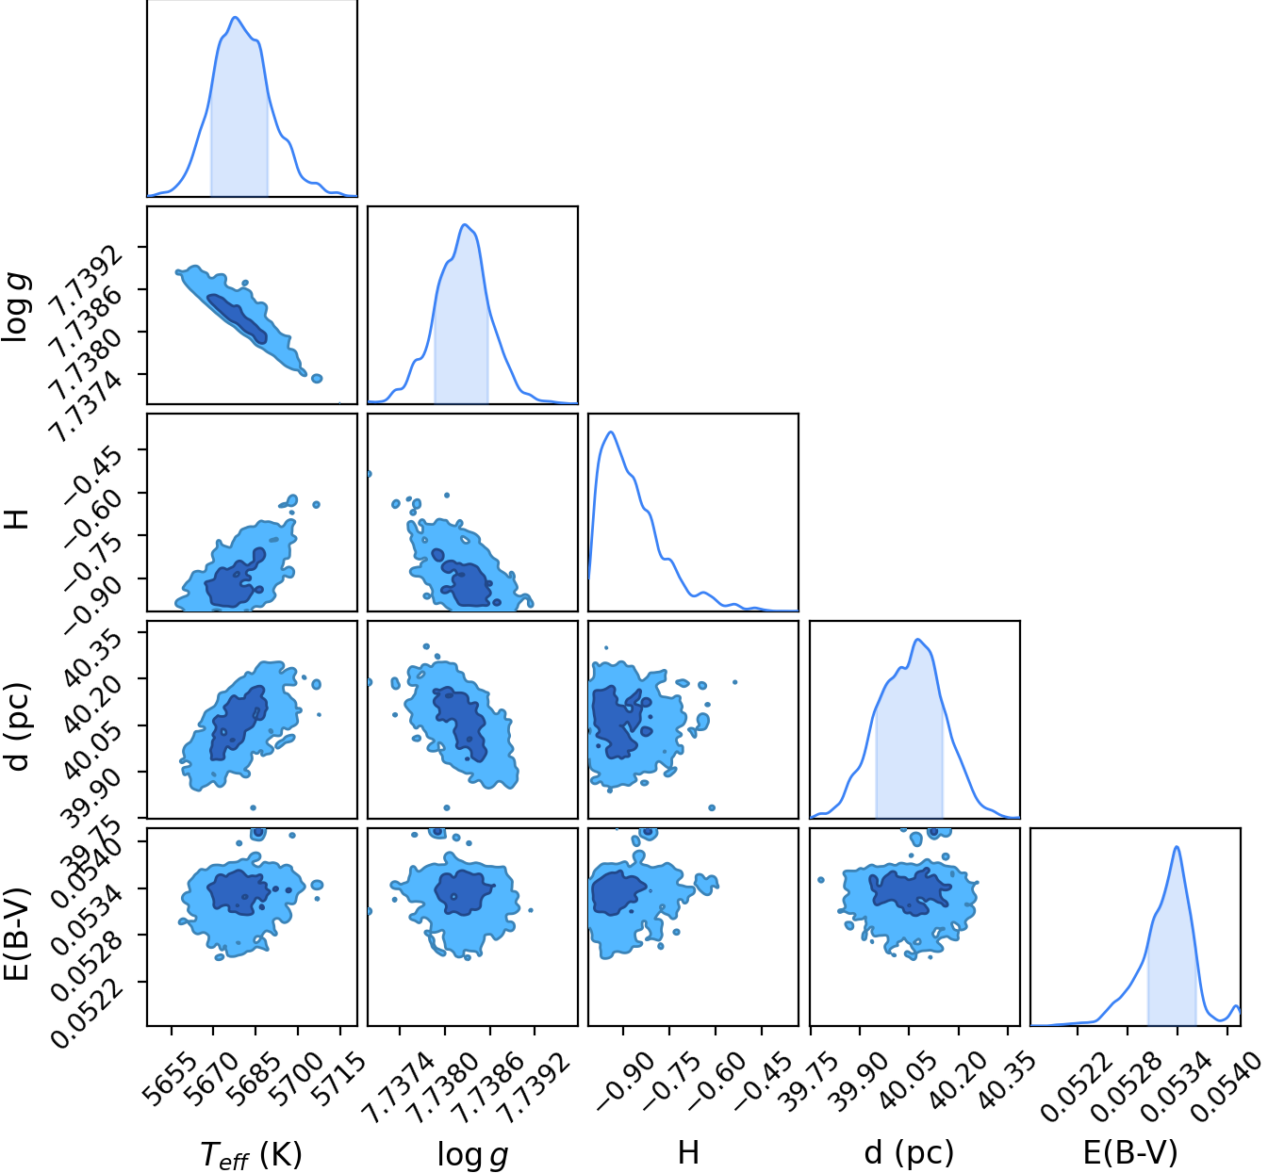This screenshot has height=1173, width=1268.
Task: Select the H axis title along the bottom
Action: (x=688, y=1152)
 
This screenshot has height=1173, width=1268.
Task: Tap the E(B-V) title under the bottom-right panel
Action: (x=1130, y=1152)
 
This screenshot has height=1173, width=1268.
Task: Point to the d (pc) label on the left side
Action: (x=18, y=726)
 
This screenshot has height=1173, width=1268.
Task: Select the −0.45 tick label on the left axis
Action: (x=93, y=473)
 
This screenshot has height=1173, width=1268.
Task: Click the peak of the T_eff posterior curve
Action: (x=235, y=17)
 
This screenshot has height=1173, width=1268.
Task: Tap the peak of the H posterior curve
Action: (x=611, y=432)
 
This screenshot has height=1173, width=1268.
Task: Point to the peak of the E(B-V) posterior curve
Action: (x=1177, y=847)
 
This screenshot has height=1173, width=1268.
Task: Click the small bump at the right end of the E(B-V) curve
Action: (x=1236, y=1006)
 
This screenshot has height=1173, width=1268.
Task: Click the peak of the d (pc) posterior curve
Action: (x=917, y=640)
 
